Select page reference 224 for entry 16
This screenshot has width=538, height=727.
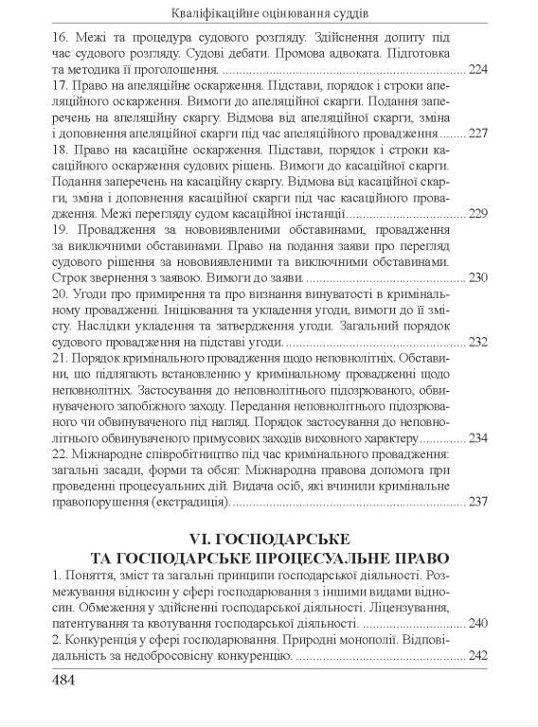point(479,70)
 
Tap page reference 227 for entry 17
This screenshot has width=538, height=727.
point(479,134)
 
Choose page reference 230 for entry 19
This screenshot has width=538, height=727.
point(479,278)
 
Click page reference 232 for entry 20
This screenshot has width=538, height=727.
point(479,343)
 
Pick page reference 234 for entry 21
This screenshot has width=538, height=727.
point(479,438)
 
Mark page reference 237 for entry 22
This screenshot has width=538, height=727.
point(479,503)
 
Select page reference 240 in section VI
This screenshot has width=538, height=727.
point(479,624)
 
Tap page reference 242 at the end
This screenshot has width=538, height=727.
point(479,656)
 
